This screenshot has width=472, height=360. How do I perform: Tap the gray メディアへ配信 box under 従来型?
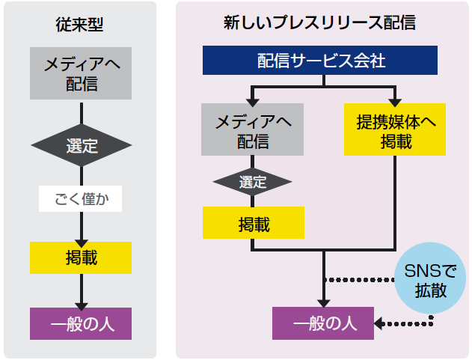point(81,73)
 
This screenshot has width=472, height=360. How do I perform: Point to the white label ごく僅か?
point(80,198)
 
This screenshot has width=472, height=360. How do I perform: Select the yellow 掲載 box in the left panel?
point(81,257)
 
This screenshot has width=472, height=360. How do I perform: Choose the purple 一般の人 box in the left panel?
point(81,324)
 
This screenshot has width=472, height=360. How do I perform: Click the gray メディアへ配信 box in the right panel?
point(253,129)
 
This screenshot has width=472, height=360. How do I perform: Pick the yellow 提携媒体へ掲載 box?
point(395,129)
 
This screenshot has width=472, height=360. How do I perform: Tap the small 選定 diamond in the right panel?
point(252,181)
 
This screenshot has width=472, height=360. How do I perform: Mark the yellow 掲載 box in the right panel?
point(254,222)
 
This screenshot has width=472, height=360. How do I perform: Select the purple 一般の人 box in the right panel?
point(323,323)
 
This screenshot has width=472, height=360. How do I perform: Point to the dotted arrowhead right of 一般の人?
point(379,323)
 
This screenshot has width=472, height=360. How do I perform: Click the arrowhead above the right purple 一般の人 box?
point(323,302)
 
